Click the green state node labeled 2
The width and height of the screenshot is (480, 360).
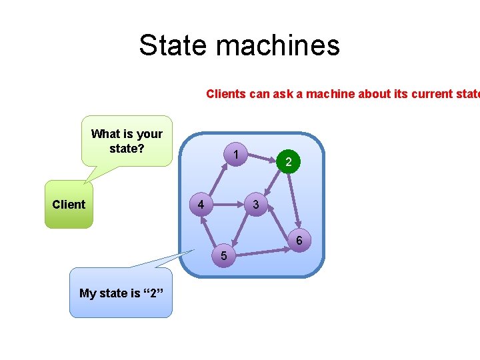(x=288, y=161)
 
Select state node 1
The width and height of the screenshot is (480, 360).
(x=237, y=154)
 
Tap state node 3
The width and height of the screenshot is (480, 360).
(x=256, y=204)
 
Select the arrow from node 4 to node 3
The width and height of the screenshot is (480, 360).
(x=229, y=203)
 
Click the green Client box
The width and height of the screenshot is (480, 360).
(x=69, y=204)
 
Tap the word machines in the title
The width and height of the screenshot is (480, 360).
(x=278, y=45)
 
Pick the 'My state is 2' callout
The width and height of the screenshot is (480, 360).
(x=121, y=293)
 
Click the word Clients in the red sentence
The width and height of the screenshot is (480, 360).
(x=225, y=94)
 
